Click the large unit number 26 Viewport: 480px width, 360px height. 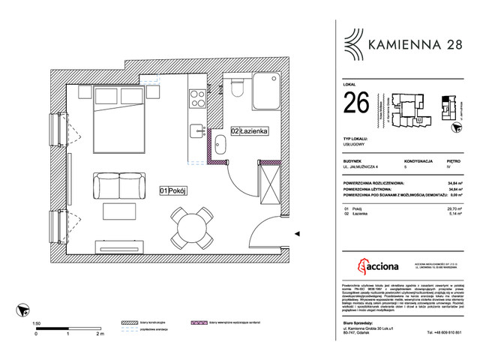355,101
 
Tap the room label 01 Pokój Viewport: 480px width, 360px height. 172,190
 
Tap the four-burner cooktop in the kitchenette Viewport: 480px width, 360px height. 199,97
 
